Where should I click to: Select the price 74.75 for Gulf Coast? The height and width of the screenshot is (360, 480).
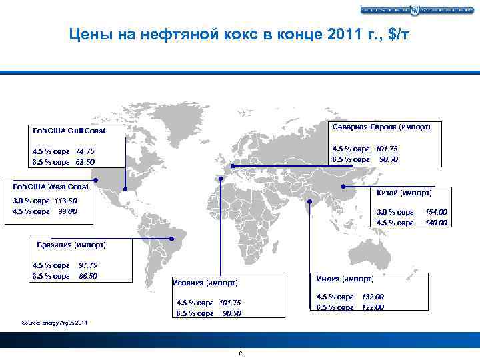[x=85, y=151]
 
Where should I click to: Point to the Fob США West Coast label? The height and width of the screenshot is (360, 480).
[x=51, y=187]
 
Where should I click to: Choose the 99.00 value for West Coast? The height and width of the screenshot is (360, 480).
[x=67, y=211]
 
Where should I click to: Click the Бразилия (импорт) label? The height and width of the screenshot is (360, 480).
[x=71, y=245]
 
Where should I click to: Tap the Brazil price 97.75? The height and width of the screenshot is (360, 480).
[x=88, y=265]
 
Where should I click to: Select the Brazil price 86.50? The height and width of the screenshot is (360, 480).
[x=88, y=275]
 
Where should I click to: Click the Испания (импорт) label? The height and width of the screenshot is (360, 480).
[x=205, y=283]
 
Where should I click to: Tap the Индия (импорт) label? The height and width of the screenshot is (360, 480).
[x=345, y=278]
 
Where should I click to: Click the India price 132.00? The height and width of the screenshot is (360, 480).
[x=373, y=297]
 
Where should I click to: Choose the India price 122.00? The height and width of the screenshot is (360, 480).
[x=373, y=307]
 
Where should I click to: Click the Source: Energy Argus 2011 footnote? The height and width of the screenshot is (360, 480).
[x=55, y=323]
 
